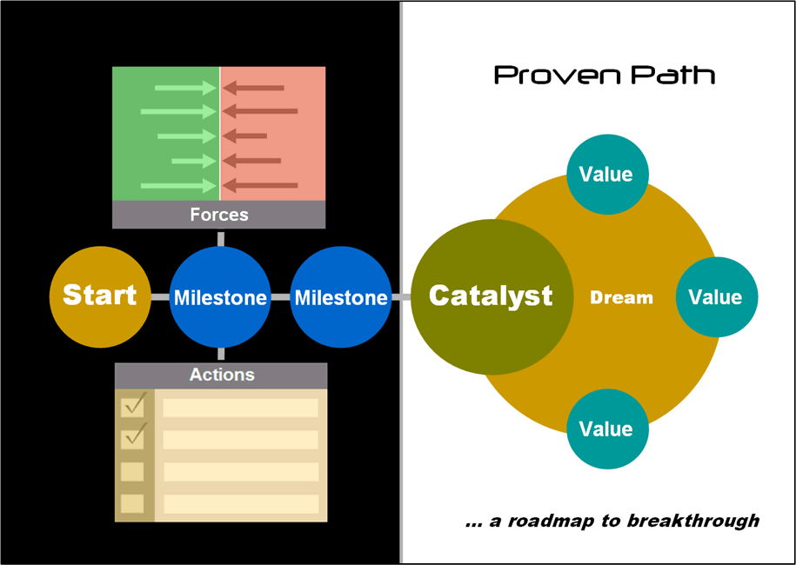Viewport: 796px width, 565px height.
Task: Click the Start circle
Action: pos(99,296)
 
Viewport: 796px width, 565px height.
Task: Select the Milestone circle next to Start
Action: pos(220,298)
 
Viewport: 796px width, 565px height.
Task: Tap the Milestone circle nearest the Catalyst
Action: pos(340,298)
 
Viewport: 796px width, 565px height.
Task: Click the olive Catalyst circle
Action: pos(490,296)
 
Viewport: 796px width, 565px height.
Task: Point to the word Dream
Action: pos(621,298)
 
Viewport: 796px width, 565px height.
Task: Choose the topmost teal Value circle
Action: pos(606,174)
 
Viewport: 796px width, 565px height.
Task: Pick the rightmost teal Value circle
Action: pos(715,297)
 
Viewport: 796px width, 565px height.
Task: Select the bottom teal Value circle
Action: pos(606,429)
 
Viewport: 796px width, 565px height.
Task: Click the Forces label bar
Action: pos(219,215)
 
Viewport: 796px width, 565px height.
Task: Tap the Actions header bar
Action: pos(222,376)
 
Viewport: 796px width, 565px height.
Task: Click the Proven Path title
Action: pos(605,76)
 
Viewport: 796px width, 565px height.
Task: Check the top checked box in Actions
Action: pos(133,406)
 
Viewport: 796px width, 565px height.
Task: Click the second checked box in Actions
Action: pos(133,438)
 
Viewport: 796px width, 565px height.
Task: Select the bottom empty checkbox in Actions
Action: pos(133,503)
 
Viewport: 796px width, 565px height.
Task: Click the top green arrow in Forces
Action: pos(184,88)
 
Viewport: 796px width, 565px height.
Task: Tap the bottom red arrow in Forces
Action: pos(260,185)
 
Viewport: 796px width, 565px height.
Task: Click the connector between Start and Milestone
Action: pos(159,297)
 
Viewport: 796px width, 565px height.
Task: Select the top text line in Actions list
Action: pos(241,408)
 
